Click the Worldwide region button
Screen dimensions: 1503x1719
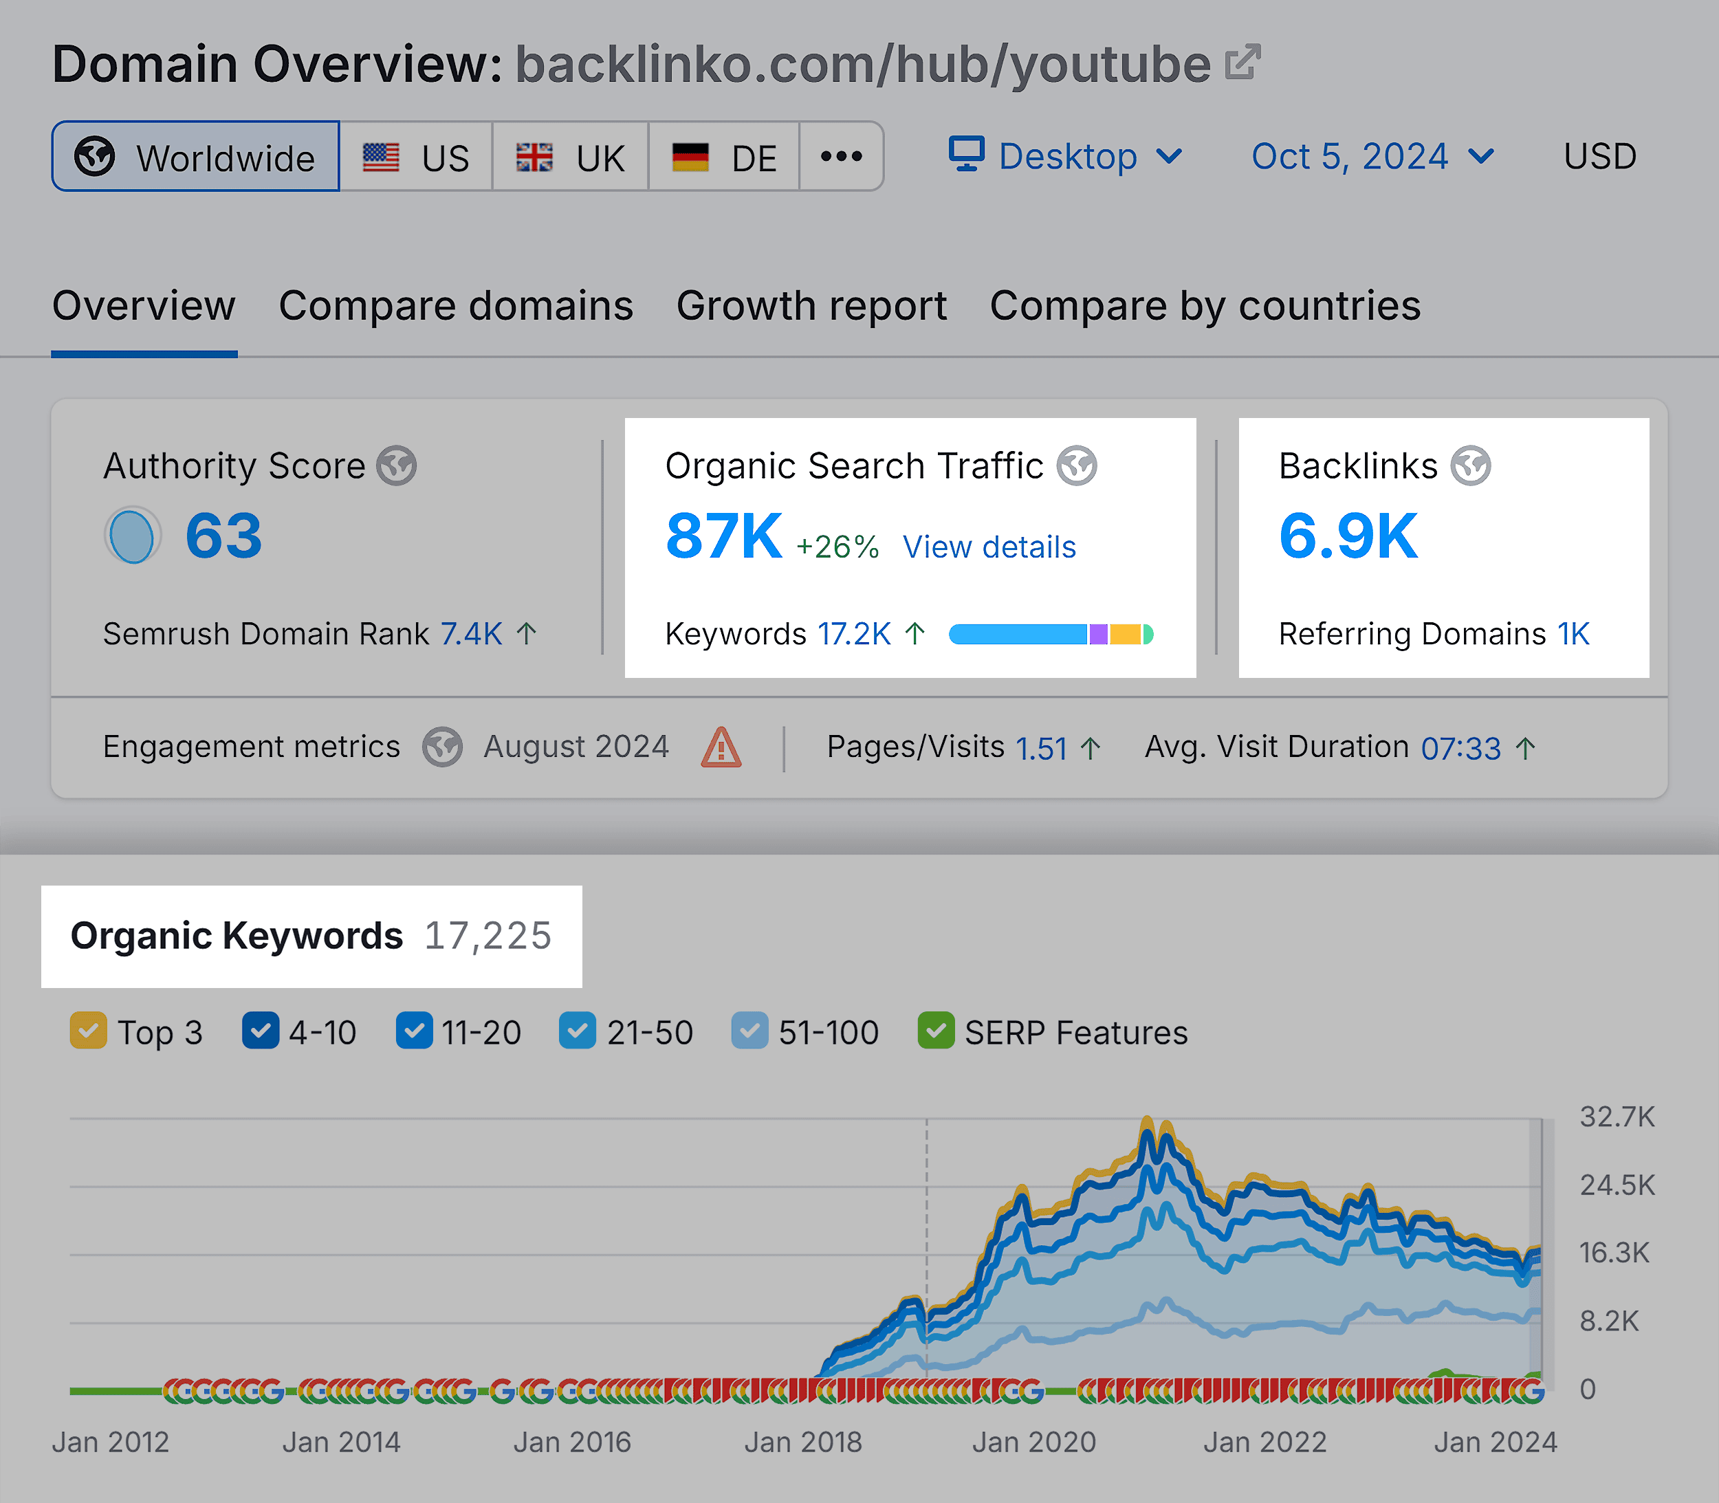point(195,157)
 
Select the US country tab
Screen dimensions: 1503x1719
point(416,157)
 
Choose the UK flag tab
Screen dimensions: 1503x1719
point(571,157)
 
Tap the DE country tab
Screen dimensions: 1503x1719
point(724,157)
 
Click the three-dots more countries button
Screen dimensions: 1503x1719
point(842,157)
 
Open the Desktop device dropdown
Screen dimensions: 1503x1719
point(1066,157)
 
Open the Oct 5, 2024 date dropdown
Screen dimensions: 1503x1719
point(1372,157)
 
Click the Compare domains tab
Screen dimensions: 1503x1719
point(456,306)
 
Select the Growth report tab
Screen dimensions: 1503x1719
point(811,306)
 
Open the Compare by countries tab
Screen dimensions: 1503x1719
point(1205,306)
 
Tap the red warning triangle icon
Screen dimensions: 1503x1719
point(721,747)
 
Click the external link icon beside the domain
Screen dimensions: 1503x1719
point(1242,63)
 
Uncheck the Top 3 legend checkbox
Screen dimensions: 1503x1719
point(88,1031)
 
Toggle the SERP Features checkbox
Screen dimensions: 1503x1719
point(937,1031)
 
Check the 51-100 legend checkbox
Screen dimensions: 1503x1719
point(749,1031)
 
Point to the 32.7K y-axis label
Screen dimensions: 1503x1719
point(1617,1117)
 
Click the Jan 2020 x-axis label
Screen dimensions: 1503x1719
point(1033,1442)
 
